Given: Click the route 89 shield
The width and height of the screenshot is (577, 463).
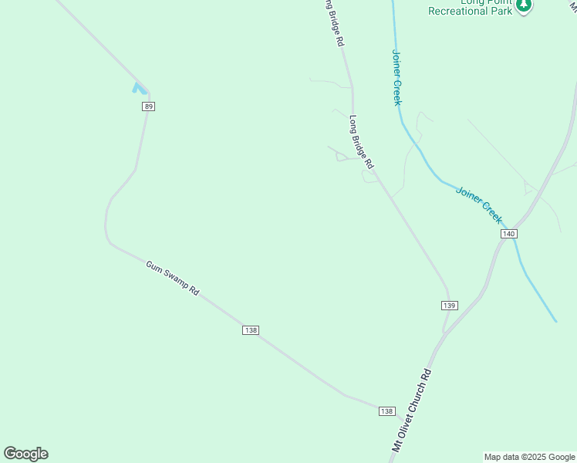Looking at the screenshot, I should point(149,106).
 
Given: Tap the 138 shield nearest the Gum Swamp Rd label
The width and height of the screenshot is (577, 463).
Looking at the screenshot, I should point(250,330).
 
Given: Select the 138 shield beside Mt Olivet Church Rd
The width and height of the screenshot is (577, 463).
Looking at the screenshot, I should point(387,411).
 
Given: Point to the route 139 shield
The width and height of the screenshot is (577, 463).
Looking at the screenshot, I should point(450,306).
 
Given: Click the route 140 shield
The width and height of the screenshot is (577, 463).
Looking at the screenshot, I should point(508,233).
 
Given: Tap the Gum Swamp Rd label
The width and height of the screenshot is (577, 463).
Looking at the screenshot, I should point(173,279).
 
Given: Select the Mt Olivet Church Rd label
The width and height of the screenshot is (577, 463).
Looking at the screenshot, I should point(411,410).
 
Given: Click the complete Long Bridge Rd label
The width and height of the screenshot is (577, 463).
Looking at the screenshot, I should point(361,143).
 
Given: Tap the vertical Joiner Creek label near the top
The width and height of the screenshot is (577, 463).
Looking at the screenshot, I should point(396,78).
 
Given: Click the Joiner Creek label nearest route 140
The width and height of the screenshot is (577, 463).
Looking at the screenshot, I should point(479,204).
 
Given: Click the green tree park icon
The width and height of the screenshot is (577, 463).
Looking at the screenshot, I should point(525,5).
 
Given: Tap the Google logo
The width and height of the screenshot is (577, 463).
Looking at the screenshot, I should point(25,454).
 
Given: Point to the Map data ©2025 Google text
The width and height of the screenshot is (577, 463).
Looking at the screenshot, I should point(529,457).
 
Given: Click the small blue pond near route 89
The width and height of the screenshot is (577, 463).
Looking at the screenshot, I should point(140,88).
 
